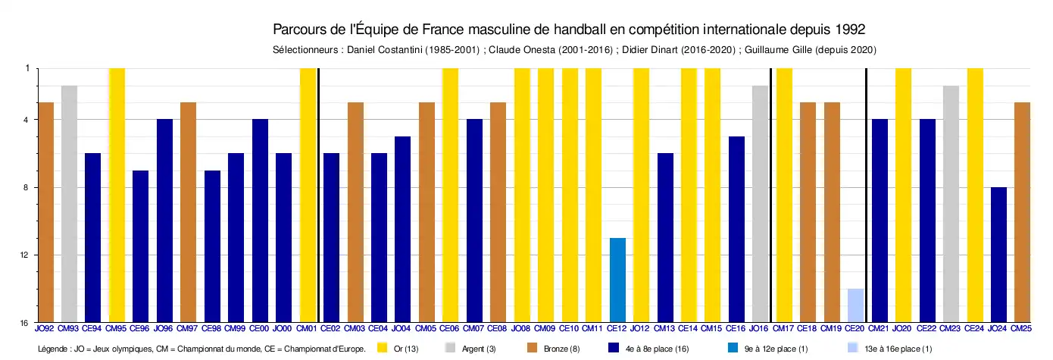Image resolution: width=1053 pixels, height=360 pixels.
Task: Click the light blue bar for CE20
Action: [855, 305]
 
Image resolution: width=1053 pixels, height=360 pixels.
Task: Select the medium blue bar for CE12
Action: [617, 280]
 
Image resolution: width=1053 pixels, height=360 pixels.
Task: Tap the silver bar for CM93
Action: [69, 204]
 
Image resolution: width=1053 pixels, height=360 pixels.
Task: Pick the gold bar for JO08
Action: [522, 195]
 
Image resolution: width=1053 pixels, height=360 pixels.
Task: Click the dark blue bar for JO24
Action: [998, 255]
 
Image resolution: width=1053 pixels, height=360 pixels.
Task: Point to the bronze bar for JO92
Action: [45, 212]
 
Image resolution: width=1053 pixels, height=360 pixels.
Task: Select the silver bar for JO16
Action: [760, 204]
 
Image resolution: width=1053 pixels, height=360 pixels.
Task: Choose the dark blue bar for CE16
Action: [736, 230]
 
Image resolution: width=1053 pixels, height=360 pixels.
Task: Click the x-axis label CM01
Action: [307, 329]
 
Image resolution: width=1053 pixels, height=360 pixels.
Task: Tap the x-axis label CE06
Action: [450, 329]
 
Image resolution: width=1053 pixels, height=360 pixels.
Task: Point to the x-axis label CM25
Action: [1022, 329]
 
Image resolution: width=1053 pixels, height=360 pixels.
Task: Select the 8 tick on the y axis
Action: [27, 188]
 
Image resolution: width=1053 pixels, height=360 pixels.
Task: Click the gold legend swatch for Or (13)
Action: [383, 348]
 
